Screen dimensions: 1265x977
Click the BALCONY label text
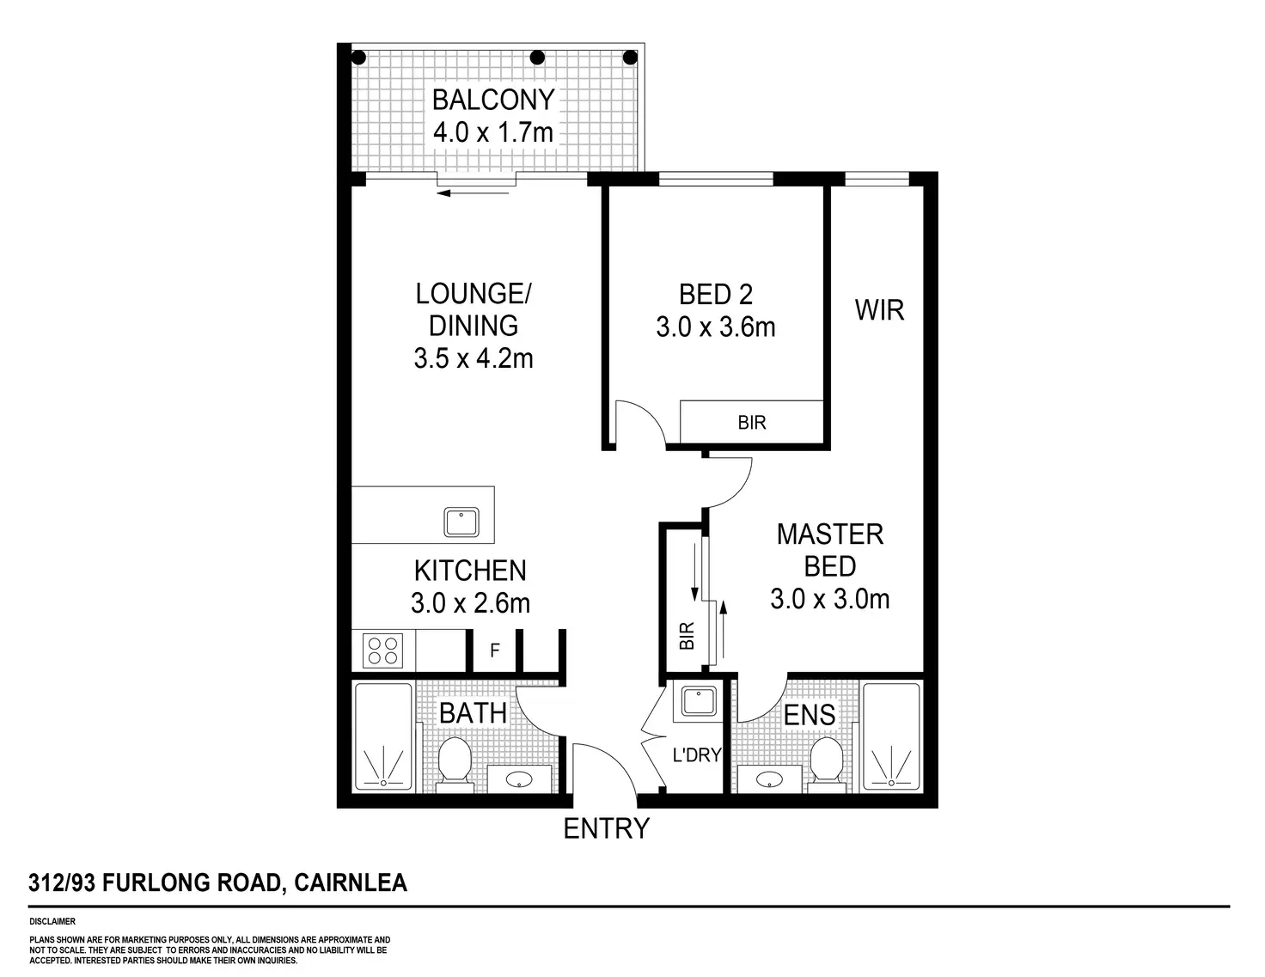click(x=493, y=100)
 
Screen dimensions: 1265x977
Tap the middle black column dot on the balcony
click(x=537, y=58)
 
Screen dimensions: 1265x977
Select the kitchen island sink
click(x=461, y=522)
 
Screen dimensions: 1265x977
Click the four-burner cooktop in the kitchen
click(x=383, y=650)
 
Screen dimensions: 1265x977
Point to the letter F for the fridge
click(x=495, y=650)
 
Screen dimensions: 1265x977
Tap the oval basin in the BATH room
click(x=519, y=779)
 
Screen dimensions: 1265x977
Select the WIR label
click(x=879, y=310)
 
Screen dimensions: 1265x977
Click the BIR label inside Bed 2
click(x=752, y=423)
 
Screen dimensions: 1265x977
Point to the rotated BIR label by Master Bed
click(x=687, y=635)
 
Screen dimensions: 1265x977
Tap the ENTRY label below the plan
click(x=606, y=828)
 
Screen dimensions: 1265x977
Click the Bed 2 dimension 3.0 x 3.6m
click(x=716, y=327)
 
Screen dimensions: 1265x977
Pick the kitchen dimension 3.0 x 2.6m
click(x=470, y=603)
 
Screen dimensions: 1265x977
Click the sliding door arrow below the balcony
click(x=473, y=193)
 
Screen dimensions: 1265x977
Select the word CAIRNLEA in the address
click(x=351, y=882)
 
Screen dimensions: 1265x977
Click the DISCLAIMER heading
click(x=52, y=922)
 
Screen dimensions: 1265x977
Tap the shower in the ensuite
click(x=890, y=737)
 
